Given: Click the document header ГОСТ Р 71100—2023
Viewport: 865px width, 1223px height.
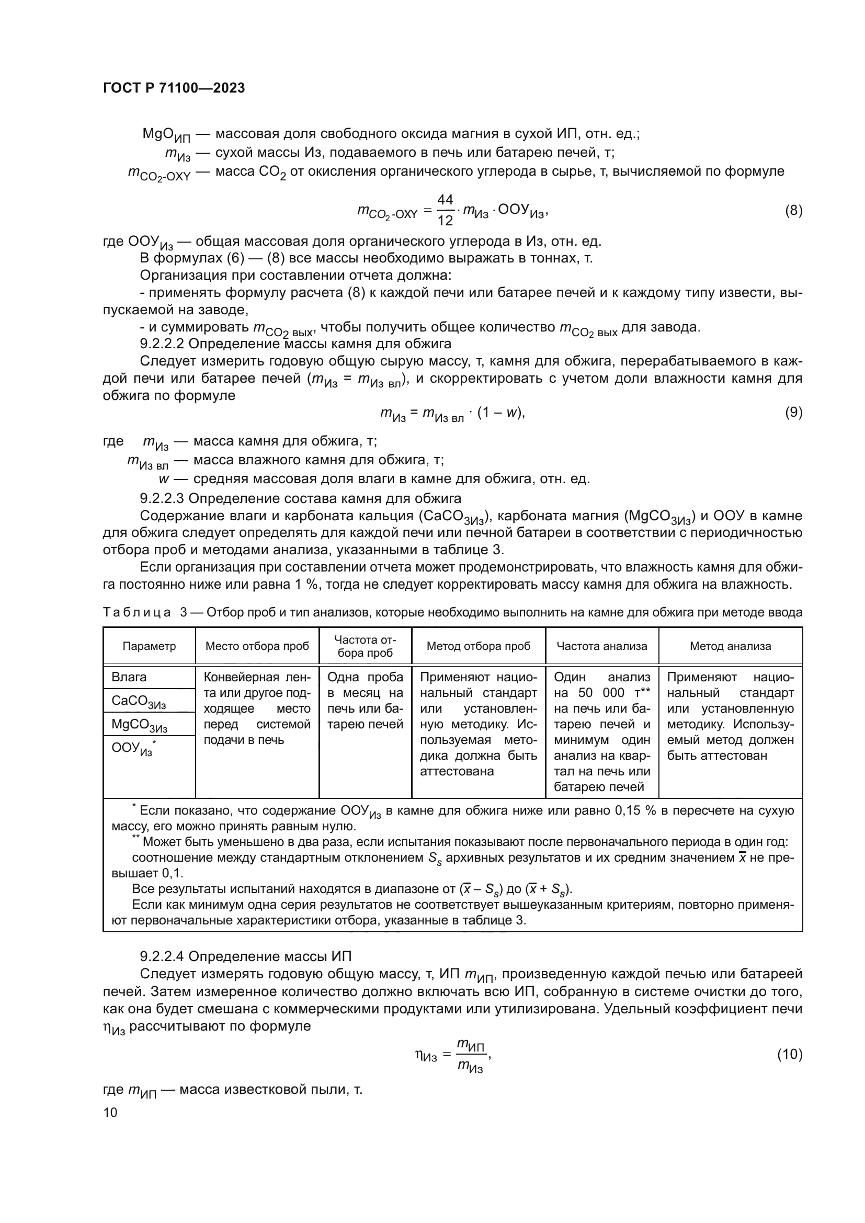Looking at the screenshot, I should pos(174,88).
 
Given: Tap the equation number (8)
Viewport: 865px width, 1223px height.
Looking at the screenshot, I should pos(793,211).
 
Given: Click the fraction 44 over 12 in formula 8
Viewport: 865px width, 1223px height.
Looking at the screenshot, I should pos(445,210).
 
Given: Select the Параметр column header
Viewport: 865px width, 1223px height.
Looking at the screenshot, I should pos(149,646).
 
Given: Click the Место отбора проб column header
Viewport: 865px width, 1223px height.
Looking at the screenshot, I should pos(257,646).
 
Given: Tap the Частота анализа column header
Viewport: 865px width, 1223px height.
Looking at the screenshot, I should pos(602,646).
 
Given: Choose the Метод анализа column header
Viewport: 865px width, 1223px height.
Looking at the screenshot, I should pos(730,646).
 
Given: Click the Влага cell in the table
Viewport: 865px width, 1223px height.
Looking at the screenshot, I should pos(129,677).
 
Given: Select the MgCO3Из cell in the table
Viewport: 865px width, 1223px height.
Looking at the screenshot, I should pos(139,725).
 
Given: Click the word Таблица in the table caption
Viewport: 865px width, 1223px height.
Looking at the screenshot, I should pos(137,613).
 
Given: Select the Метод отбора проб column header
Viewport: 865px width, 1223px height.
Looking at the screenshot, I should pos(479,646).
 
